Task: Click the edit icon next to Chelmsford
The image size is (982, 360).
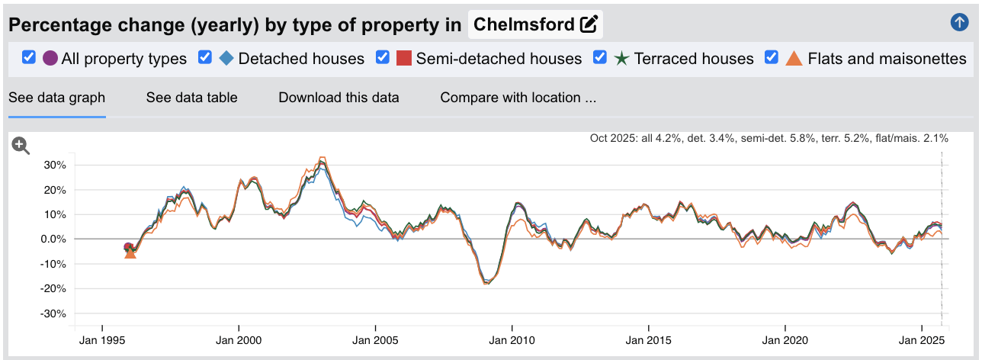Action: pos(589,24)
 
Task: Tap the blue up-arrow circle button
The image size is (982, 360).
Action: pos(959,23)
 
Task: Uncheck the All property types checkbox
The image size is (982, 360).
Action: pos(29,57)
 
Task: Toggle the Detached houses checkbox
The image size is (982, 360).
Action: pos(204,57)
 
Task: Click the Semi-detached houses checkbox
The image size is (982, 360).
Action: pos(383,57)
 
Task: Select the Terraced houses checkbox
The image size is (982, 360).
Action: pos(600,57)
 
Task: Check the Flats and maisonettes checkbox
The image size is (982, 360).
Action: pos(772,57)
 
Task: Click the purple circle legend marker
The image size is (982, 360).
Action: pos(50,58)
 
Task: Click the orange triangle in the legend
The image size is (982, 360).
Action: pos(794,58)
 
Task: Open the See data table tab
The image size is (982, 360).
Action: pos(191,98)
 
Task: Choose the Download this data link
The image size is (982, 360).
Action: pos(339,98)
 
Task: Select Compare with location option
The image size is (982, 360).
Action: pos(518,98)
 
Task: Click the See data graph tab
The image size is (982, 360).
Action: pos(56,98)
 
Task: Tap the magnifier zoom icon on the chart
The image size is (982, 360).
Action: pos(21,146)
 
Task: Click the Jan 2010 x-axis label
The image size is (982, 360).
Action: pos(512,340)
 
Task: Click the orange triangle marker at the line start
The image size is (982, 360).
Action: pos(130,253)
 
